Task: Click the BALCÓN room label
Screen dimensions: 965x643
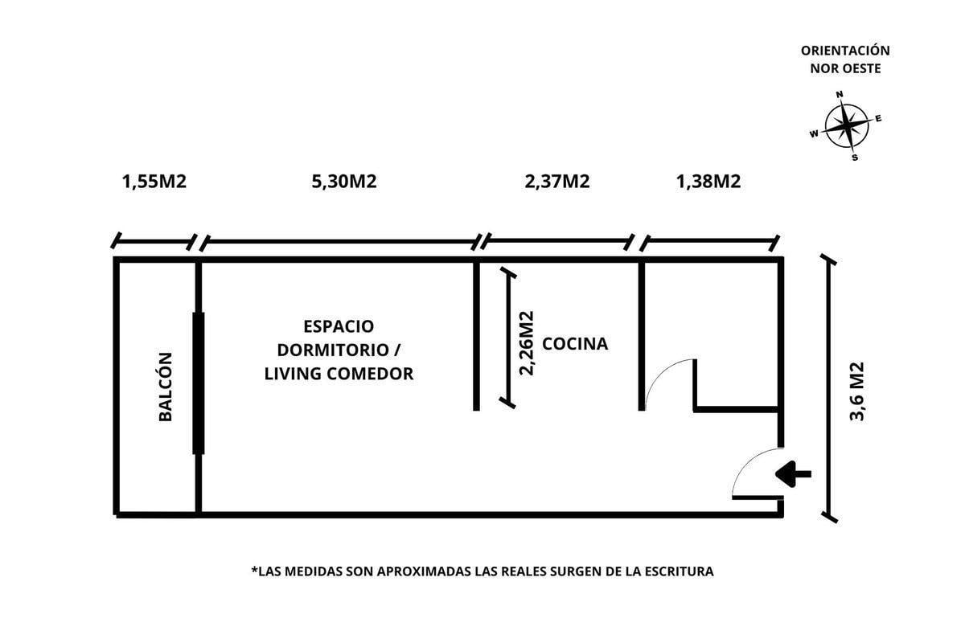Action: click(x=166, y=387)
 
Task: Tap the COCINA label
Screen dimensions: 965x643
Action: click(x=575, y=344)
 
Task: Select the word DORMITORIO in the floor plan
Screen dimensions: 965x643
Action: click(x=334, y=350)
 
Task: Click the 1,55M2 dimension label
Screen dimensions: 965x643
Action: click(x=154, y=182)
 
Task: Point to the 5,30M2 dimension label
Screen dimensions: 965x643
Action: click(x=344, y=182)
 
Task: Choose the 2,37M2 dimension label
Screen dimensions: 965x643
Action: click(x=557, y=182)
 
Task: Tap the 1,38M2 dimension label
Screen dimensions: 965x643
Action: click(x=708, y=182)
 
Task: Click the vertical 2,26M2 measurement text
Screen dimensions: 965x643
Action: click(x=527, y=343)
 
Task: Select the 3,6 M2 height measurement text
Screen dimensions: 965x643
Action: click(x=857, y=391)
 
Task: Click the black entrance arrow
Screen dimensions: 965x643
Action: click(x=793, y=474)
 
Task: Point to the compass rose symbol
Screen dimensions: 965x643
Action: click(x=847, y=125)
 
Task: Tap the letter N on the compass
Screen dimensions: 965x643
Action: click(x=840, y=95)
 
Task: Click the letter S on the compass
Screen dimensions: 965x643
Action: click(x=855, y=158)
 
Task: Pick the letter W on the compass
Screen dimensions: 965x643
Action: click(x=814, y=134)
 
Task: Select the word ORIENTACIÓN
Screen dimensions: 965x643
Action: click(x=845, y=51)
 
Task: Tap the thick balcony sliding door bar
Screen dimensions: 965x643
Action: click(x=199, y=383)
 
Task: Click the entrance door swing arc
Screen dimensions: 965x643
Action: click(x=745, y=460)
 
